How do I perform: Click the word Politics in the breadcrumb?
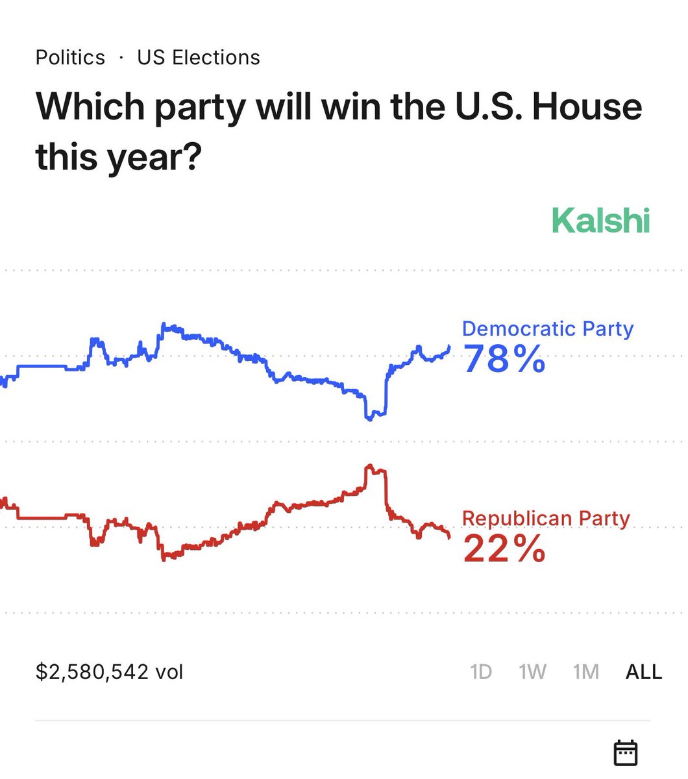coord(70,58)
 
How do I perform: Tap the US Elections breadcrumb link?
coord(199,58)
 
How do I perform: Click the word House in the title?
coord(587,106)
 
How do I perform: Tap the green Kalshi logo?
coord(600,221)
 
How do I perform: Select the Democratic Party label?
coord(547,329)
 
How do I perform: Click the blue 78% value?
coord(504,359)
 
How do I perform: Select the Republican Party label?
coord(546,519)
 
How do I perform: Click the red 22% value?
coord(504,549)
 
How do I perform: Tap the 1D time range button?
coord(481,671)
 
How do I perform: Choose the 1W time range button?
coord(532,671)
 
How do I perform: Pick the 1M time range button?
coord(585,671)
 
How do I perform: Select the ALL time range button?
coord(643,671)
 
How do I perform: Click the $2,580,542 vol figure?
coord(110,671)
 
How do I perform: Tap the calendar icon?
coord(626,752)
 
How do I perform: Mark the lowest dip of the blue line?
coord(370,419)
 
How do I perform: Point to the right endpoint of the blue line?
coord(450,346)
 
